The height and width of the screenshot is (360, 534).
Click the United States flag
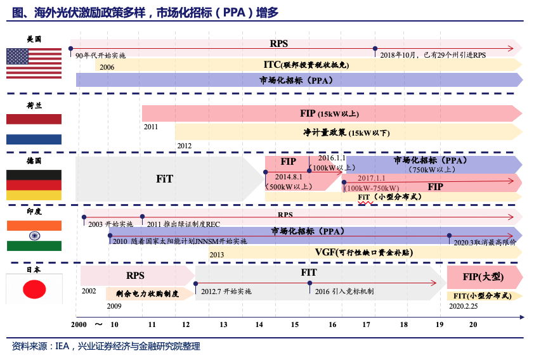34,63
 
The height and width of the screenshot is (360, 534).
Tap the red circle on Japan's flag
34,289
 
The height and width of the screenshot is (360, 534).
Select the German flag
34,185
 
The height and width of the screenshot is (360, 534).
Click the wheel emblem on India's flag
34,236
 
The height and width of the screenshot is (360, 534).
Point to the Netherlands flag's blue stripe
34,139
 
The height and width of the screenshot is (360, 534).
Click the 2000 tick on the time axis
79,325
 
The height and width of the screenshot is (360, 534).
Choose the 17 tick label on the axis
366,325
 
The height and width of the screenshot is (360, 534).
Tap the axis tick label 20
473,325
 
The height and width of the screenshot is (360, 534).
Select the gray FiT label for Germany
164,179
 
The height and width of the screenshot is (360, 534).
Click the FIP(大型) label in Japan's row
483,277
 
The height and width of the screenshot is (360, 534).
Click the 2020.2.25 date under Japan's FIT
463,306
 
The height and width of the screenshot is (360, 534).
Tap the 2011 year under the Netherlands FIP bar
150,127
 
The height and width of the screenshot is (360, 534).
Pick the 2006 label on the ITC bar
107,67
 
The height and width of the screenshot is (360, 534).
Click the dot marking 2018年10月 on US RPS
375,49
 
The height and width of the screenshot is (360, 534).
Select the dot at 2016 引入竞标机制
309,283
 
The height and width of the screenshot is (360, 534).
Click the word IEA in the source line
62,347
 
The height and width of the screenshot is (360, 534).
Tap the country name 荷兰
34,105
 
